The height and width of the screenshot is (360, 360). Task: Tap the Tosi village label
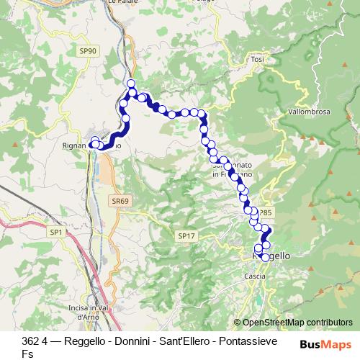tap(257, 58)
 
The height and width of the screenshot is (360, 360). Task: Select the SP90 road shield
tap(87, 51)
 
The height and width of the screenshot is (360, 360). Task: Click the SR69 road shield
tap(120, 201)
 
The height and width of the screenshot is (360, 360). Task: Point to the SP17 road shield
tap(186, 235)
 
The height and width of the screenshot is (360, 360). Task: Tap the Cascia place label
tap(255, 276)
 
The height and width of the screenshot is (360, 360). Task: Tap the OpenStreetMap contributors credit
tap(293, 323)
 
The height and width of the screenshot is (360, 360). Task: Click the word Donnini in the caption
tap(127, 341)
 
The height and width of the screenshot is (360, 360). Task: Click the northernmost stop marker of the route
tap(131, 84)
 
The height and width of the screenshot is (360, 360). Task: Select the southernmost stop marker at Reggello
tap(265, 257)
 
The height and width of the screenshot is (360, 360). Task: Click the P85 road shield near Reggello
tap(266, 213)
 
